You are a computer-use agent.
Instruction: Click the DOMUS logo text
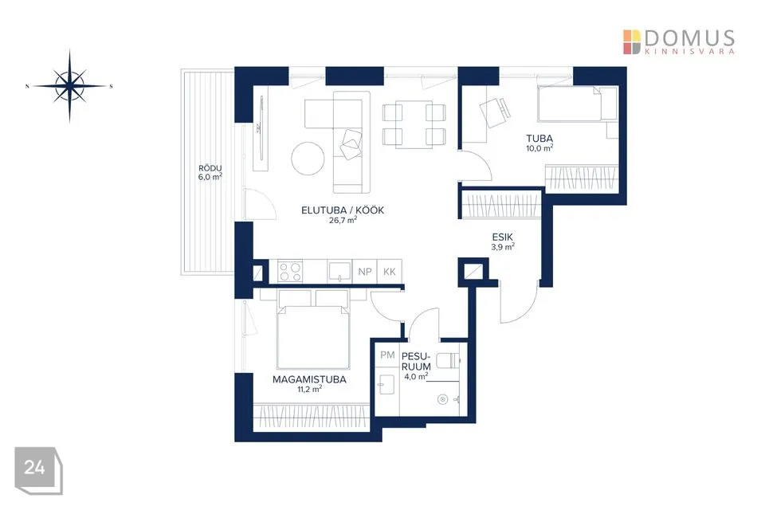pos(689,37)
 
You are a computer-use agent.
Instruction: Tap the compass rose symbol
pos(69,86)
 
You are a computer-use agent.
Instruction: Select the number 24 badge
pos(38,470)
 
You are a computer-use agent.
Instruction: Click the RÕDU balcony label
pos(210,168)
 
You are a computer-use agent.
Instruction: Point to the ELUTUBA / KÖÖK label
pos(343,210)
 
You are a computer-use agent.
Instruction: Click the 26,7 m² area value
pos(343,220)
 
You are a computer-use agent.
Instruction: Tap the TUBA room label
pos(539,139)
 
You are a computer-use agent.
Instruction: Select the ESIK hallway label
pos(503,237)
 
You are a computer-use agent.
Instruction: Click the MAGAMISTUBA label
pos(309,379)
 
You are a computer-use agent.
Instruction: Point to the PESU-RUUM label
pos(416,361)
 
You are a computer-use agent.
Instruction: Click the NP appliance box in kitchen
pos(365,272)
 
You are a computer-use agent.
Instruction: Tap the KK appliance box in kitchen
pos(390,272)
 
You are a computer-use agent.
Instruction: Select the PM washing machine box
pos(387,355)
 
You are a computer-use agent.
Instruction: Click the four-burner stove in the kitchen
pos(290,272)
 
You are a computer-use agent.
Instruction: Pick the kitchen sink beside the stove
pos(339,271)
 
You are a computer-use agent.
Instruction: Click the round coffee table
pos(308,158)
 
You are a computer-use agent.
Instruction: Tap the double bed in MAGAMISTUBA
pos(313,331)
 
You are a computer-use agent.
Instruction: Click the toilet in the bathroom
pos(448,361)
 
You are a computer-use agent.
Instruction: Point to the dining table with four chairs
pos(414,124)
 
